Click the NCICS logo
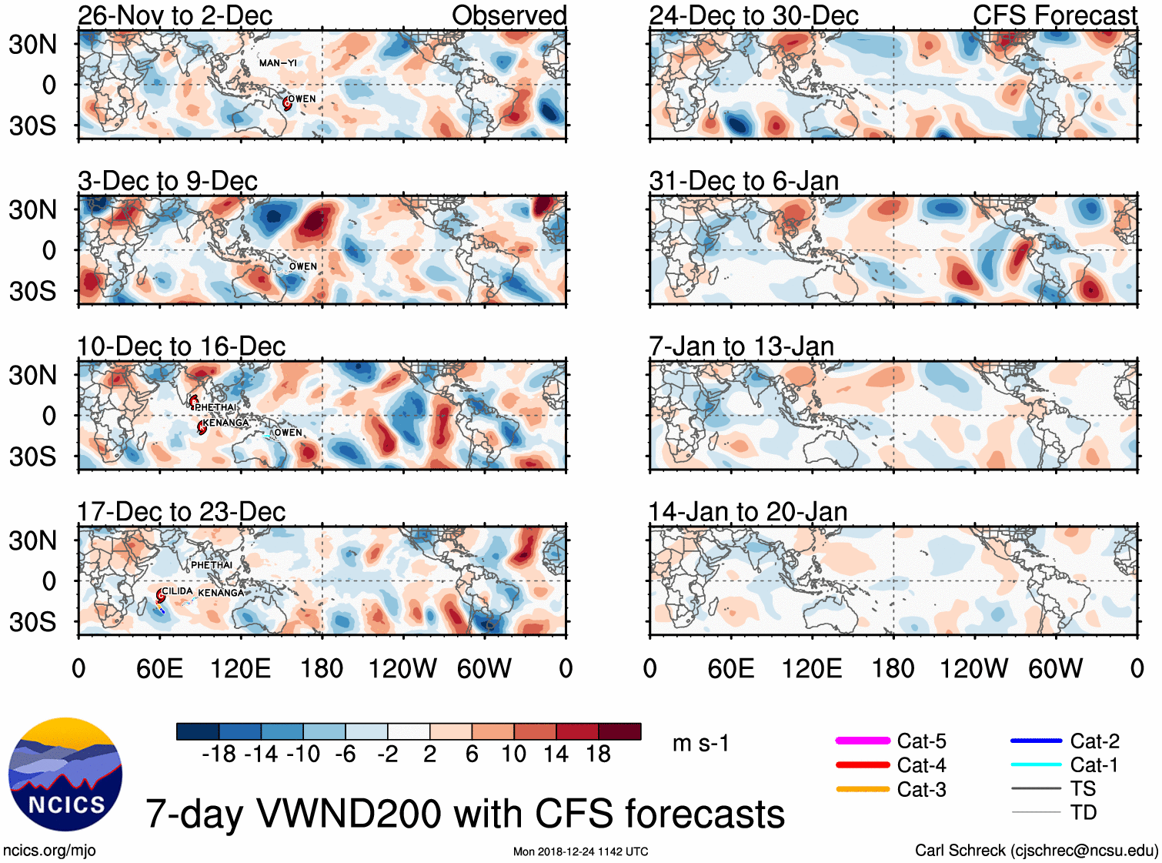(65, 774)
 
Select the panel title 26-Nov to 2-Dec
(175, 15)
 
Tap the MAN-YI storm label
(278, 63)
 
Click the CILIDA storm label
(177, 591)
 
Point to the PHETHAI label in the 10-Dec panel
(215, 407)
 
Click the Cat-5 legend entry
(921, 741)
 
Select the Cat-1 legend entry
(1094, 765)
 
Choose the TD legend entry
(1083, 813)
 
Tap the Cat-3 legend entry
(921, 790)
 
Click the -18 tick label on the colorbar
(219, 754)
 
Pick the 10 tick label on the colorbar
(513, 754)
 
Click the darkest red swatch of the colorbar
(619, 731)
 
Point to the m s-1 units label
(700, 744)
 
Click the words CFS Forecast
(1054, 15)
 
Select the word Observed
(509, 15)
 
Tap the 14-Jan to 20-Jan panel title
(748, 512)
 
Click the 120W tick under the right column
(973, 668)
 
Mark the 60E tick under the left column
(159, 668)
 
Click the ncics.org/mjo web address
(49, 851)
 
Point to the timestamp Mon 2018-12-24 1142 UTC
(580, 851)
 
